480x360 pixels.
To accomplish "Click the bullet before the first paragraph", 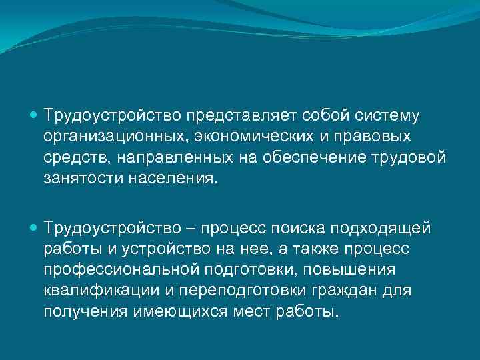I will tap(35, 115).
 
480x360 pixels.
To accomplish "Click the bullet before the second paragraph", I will tap(35, 228).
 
